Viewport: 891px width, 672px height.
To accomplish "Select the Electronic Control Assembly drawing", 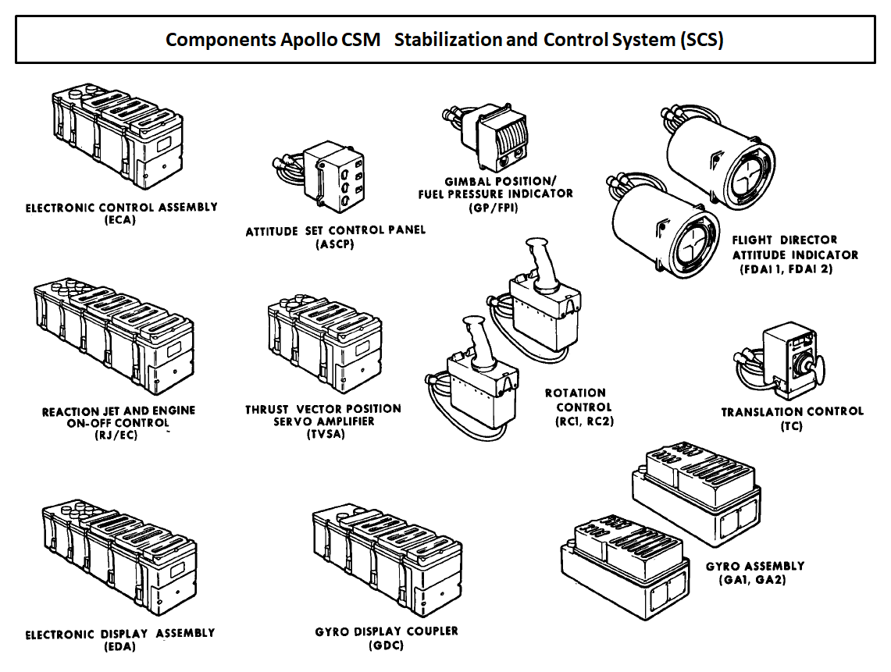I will (x=117, y=137).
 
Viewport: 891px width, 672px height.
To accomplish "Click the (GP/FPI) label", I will (x=494, y=208).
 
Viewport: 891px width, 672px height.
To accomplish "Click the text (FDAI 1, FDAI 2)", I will (x=791, y=269).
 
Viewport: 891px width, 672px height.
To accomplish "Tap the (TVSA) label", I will (x=326, y=434).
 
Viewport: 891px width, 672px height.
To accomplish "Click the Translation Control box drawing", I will (x=789, y=355).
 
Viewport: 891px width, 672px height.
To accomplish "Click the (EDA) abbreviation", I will (x=119, y=646).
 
